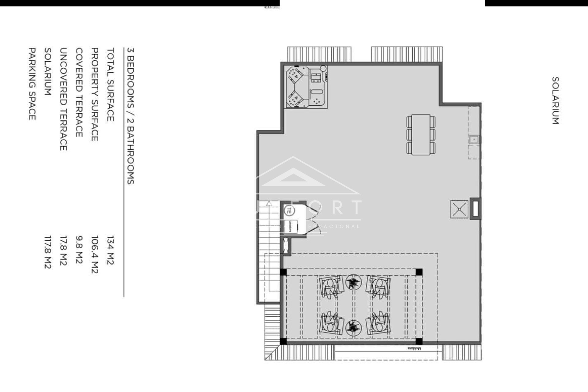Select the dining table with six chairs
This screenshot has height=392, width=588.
click(421, 134)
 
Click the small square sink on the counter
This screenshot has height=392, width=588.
click(474, 140)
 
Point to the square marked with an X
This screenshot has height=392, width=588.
click(459, 209)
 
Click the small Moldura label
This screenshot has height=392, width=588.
click(414, 349)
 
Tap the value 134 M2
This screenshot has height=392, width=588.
click(110, 250)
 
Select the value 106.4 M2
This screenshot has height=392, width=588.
click(95, 254)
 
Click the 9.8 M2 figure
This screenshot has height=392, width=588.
click(79, 250)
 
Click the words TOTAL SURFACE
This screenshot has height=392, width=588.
click(110, 85)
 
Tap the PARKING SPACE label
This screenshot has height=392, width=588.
click(32, 84)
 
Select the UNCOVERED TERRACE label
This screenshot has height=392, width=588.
click(63, 99)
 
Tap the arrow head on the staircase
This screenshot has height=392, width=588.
click(269, 203)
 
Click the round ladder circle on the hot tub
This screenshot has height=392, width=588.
click(323, 68)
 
